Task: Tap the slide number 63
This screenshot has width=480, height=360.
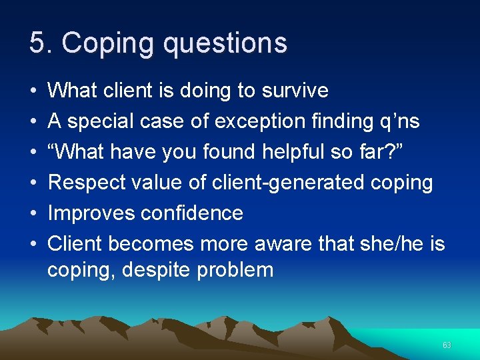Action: click(x=447, y=345)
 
